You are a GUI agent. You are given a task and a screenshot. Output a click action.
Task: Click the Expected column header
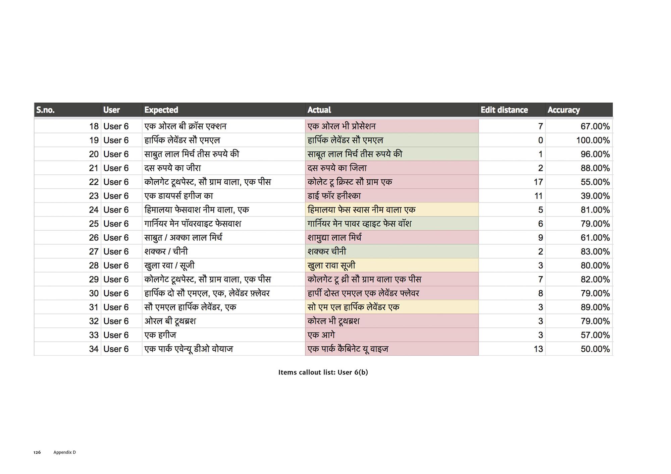click(161, 110)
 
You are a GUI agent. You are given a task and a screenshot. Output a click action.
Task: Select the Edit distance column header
click(504, 110)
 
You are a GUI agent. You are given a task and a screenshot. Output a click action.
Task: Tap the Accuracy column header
click(563, 110)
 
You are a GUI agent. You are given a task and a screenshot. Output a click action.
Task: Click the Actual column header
click(319, 110)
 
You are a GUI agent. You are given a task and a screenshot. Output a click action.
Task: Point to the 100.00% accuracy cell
click(593, 140)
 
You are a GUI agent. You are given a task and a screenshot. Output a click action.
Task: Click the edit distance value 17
click(538, 182)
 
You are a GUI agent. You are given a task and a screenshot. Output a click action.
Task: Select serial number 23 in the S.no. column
click(94, 196)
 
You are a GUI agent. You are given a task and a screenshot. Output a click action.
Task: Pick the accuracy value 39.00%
click(595, 196)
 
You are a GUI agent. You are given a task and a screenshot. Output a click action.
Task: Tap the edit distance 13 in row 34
click(538, 349)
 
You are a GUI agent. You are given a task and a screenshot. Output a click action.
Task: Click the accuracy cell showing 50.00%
click(595, 349)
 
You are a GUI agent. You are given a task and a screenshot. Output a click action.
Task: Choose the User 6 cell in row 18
click(116, 126)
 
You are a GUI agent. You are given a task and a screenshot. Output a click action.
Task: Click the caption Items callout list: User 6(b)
click(323, 372)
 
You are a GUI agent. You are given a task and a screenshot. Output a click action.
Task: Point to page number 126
click(37, 452)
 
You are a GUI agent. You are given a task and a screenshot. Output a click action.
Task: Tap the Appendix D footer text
click(64, 452)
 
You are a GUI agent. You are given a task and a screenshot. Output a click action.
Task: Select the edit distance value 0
click(540, 140)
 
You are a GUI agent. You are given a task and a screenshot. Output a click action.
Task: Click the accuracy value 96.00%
click(595, 154)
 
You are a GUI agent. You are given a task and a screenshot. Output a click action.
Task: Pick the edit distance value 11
click(538, 196)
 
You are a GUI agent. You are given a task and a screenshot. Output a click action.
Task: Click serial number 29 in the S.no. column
click(94, 279)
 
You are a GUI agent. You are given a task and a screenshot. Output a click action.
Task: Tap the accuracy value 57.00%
click(595, 335)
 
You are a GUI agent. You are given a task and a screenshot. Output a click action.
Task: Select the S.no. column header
click(45, 110)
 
